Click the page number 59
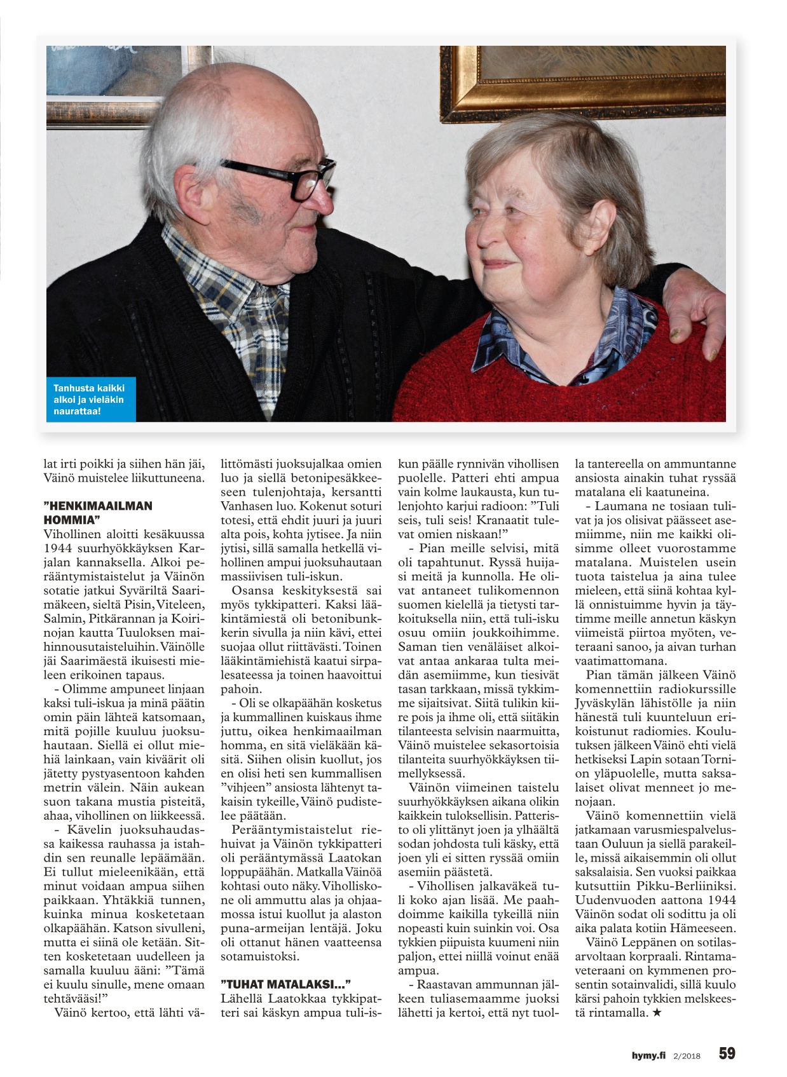coord(727,1053)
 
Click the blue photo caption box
coord(90,399)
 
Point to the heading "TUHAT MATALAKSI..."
coord(286,984)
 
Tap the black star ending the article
coord(657,1013)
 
